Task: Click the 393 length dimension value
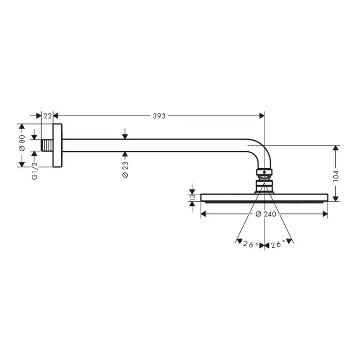(159, 116)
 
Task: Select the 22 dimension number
(48, 116)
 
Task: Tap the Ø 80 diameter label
(22, 143)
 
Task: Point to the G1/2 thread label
(34, 171)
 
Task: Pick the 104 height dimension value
(336, 176)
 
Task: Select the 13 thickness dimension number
(192, 197)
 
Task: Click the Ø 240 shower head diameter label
(266, 214)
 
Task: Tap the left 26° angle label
(251, 244)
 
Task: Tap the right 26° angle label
(278, 244)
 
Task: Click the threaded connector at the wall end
(47, 146)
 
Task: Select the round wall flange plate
(58, 146)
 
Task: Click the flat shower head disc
(264, 197)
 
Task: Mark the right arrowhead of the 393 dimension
(262, 116)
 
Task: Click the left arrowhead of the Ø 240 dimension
(204, 214)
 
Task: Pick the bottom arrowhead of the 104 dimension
(336, 199)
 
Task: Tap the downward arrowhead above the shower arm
(125, 137)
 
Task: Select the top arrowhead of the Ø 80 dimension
(22, 127)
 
